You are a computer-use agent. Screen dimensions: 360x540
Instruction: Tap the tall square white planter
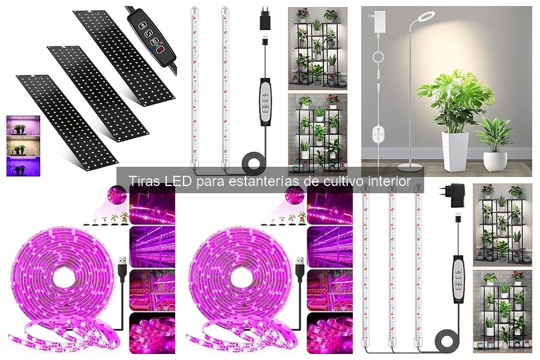point(455,150)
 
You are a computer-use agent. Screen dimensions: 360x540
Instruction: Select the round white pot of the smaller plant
point(495,160)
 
